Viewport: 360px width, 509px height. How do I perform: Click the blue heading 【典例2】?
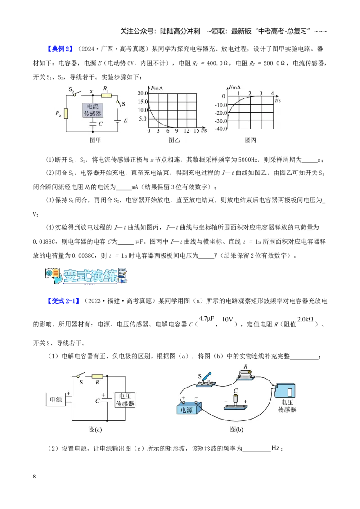pyautogui.click(x=60, y=49)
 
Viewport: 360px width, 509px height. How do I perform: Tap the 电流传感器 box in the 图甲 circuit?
pyautogui.click(x=93, y=110)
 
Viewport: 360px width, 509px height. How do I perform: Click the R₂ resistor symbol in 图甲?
pyautogui.click(x=66, y=114)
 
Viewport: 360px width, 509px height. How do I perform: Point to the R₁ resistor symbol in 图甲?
pyautogui.click(x=106, y=95)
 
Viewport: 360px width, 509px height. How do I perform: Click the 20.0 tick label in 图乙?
pyautogui.click(x=142, y=94)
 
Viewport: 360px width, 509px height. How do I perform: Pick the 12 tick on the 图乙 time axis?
pyautogui.click(x=186, y=131)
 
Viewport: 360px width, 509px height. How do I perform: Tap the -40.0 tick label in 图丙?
pyautogui.click(x=221, y=129)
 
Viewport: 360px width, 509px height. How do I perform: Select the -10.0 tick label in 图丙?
pyautogui.click(x=221, y=105)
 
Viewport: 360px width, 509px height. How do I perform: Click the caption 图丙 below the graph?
pyautogui.click(x=251, y=140)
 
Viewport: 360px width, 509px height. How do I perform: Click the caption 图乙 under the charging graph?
pyautogui.click(x=174, y=140)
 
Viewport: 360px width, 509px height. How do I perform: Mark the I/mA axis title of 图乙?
pyautogui.click(x=157, y=88)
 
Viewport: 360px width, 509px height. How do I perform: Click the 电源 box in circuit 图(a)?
pyautogui.click(x=56, y=400)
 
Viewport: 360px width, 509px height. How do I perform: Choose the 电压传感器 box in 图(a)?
pyautogui.click(x=125, y=400)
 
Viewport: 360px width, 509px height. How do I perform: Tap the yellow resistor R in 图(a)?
pyautogui.click(x=98, y=376)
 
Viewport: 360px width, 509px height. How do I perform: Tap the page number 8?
pyautogui.click(x=35, y=477)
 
